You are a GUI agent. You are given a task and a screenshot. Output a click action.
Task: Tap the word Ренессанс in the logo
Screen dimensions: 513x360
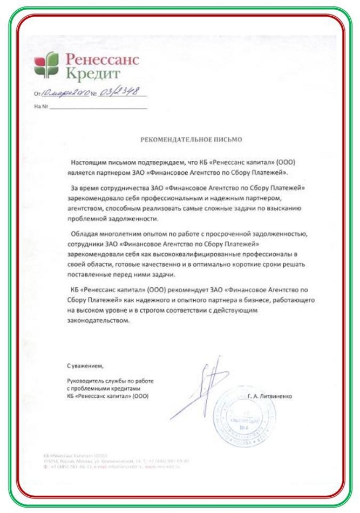click(x=101, y=59)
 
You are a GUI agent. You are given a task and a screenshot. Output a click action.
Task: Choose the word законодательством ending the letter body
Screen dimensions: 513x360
click(x=97, y=320)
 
